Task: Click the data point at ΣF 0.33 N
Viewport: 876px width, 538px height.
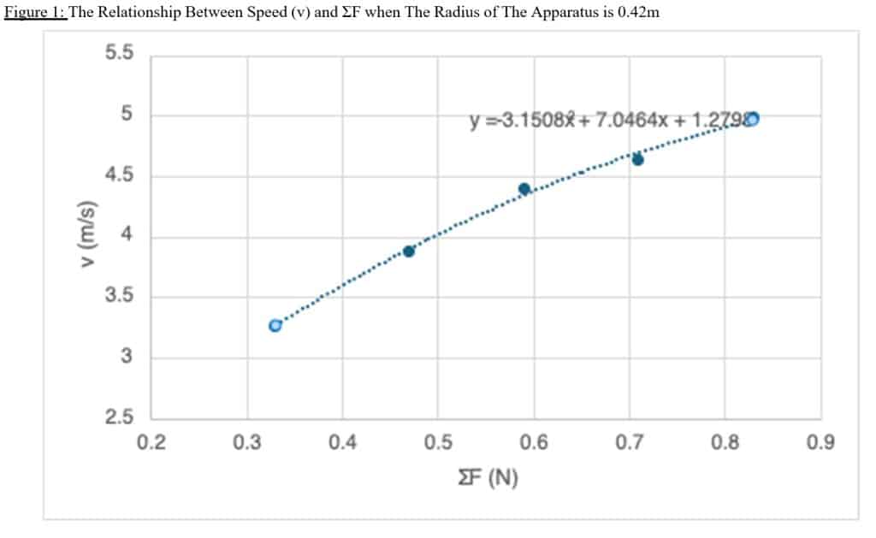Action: (x=275, y=326)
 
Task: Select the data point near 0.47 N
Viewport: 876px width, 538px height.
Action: (x=409, y=251)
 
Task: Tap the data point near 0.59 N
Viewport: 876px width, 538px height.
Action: (x=524, y=188)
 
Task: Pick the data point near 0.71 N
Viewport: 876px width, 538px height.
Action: (x=637, y=159)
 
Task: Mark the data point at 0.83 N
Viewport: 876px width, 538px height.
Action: (x=752, y=119)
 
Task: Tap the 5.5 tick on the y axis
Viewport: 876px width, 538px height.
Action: (x=119, y=53)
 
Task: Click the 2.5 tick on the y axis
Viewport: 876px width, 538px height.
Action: (x=119, y=418)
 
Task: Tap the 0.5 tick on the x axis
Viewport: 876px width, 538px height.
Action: (x=438, y=443)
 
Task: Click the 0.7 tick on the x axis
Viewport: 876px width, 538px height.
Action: (x=629, y=443)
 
